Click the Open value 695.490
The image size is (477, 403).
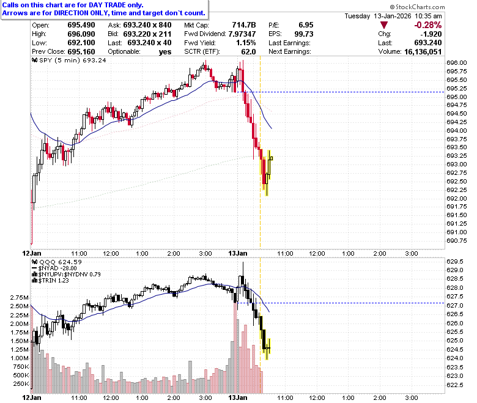pyautogui.click(x=81, y=25)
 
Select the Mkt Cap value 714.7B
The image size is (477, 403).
pyautogui.click(x=244, y=25)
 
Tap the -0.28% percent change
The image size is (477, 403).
pyautogui.click(x=428, y=25)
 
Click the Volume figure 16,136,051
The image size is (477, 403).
pyautogui.click(x=423, y=52)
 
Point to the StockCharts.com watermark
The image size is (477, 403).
pyautogui.click(x=417, y=7)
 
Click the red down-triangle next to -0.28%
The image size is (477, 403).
pyautogui.click(x=384, y=25)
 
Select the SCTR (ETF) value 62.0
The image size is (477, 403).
pyautogui.click(x=248, y=52)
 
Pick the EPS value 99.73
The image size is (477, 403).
pyautogui.click(x=304, y=34)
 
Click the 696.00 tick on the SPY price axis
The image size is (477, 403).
pyautogui.click(x=456, y=63)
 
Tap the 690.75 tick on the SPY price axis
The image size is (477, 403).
pyautogui.click(x=456, y=240)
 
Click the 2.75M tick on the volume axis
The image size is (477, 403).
pyautogui.click(x=20, y=297)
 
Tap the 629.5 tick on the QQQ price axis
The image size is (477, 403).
pyautogui.click(x=455, y=262)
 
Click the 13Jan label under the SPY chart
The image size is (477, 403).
pyautogui.click(x=238, y=253)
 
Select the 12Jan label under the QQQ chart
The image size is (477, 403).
pyautogui.click(x=32, y=397)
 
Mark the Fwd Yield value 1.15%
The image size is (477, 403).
pyautogui.click(x=246, y=43)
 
